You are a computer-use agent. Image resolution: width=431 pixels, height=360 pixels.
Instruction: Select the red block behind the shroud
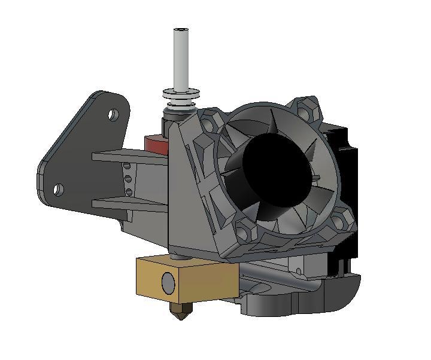[x=155, y=144]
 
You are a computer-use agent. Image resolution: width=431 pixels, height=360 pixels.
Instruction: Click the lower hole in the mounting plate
[x=57, y=190]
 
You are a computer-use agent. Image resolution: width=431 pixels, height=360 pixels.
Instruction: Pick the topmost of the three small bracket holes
[x=127, y=166]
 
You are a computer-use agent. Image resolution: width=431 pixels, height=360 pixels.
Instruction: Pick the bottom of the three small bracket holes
[x=128, y=192]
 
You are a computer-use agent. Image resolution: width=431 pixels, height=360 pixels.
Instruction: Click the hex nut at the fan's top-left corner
[x=211, y=121]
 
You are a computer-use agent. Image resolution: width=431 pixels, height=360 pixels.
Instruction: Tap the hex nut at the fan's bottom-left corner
[x=245, y=230]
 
